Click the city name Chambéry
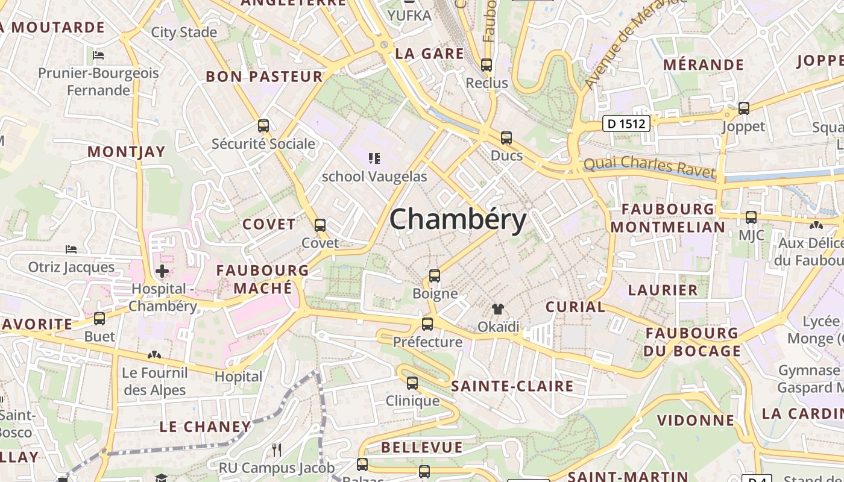(458, 220)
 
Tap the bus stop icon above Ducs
(506, 138)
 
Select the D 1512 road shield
(627, 124)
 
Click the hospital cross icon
(162, 271)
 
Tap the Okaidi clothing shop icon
(497, 309)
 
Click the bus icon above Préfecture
(427, 324)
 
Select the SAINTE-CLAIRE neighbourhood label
(512, 386)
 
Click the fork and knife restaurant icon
(277, 449)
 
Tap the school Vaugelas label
(374, 177)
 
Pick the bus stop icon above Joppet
(744, 108)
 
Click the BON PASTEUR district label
(265, 77)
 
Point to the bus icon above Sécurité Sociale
(263, 126)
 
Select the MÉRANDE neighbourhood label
(704, 64)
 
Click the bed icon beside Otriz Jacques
(71, 249)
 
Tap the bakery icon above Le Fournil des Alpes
(154, 355)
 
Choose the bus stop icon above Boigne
(435, 276)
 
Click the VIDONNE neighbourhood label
(696, 420)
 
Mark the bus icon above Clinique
(412, 383)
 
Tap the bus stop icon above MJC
(751, 217)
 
